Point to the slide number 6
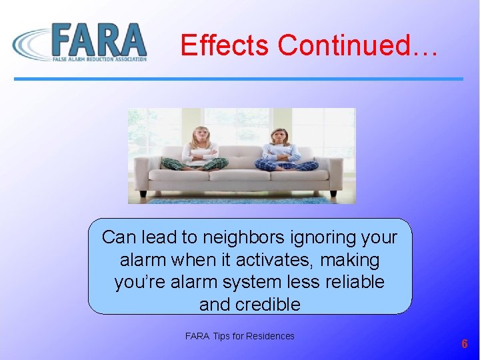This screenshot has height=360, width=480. (465, 344)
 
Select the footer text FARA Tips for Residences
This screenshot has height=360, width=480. (239, 336)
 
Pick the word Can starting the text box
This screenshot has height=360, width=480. (117, 237)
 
